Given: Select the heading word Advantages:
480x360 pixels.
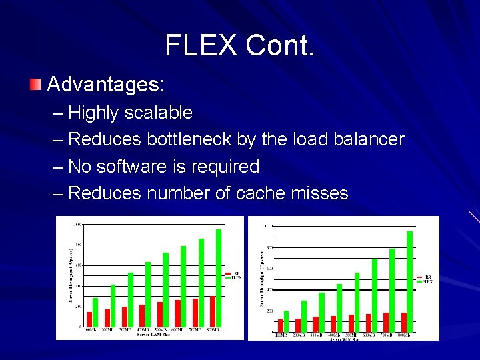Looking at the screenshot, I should pos(106,85).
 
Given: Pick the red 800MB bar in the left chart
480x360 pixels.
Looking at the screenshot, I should pos(213,311).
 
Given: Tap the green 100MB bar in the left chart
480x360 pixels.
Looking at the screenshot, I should pos(95,312).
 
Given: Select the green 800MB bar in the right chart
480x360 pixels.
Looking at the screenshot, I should pos(409,281).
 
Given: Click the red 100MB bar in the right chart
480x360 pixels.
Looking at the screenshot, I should pos(281,325).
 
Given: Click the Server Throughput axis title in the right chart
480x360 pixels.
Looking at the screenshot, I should pos(260,278).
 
